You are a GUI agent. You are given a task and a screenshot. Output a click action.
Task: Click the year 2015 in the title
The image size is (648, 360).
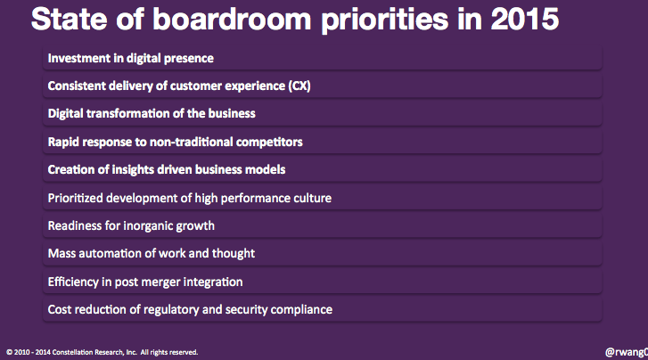tap(525, 19)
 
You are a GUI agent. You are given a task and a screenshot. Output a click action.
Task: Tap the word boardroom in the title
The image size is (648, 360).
tap(232, 19)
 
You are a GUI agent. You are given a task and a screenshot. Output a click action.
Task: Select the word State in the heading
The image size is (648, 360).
tap(69, 19)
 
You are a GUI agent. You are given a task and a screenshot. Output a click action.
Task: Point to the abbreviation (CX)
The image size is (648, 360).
tap(299, 86)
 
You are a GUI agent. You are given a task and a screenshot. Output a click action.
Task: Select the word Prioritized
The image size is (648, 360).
tap(75, 198)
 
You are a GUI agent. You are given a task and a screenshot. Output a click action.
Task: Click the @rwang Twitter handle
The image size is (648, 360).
tap(627, 352)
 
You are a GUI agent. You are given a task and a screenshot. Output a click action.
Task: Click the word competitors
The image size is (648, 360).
tap(269, 142)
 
